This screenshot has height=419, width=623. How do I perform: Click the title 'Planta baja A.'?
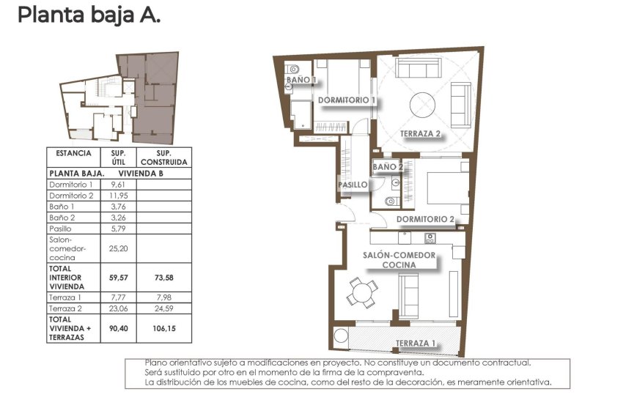tap(88, 15)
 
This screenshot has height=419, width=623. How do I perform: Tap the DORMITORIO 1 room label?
tap(347, 100)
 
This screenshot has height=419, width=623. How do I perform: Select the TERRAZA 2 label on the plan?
tap(421, 134)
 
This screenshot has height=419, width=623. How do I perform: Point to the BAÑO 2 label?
tap(388, 167)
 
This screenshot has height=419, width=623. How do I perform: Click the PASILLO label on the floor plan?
tap(353, 185)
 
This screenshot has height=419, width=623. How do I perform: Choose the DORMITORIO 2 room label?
tap(432, 219)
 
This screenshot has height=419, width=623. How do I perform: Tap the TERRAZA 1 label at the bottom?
tap(416, 344)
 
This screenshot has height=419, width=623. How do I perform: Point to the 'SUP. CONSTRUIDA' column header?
tap(164, 157)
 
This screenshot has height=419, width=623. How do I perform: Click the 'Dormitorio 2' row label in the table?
tap(71, 196)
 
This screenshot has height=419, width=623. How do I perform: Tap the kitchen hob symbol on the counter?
tap(430, 238)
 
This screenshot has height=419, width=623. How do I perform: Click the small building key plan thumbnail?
tap(119, 97)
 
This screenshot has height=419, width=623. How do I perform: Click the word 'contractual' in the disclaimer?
tap(504, 363)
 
